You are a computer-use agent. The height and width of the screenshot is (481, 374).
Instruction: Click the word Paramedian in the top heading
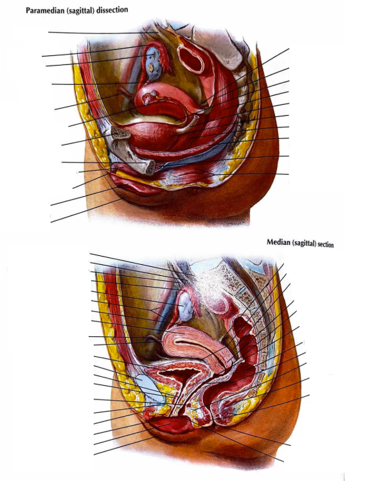44,10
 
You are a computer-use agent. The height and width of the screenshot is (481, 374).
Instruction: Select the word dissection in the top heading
112,10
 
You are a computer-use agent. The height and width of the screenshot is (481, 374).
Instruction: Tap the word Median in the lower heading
278,242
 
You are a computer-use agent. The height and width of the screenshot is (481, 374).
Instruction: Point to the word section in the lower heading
326,244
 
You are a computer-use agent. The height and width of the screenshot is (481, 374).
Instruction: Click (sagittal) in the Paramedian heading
79,10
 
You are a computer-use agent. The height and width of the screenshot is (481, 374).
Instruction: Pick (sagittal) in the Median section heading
304,244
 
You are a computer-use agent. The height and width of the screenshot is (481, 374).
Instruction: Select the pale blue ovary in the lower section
186,307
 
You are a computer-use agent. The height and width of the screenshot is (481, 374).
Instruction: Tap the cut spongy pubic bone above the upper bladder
120,132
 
